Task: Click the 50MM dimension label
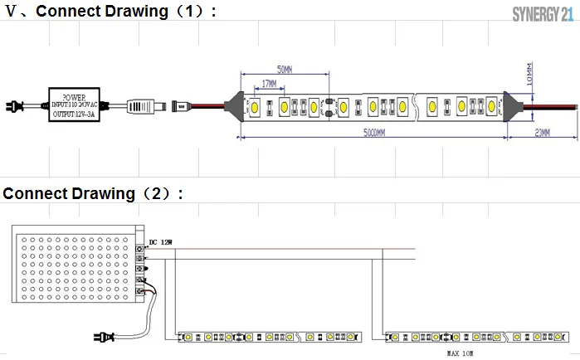point(284,69)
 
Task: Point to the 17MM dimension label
point(269,84)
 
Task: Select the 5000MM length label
point(375,133)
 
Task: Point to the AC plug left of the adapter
point(16,105)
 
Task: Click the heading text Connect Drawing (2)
point(92,194)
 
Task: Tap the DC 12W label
point(161,242)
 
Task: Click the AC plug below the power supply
point(105,337)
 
